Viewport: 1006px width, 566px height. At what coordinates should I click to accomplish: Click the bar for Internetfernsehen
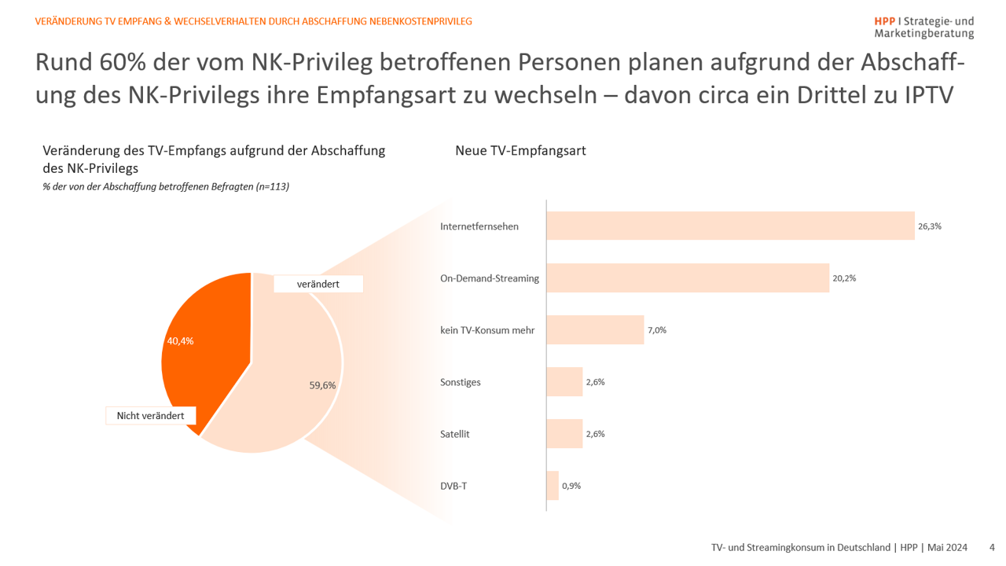[730, 226]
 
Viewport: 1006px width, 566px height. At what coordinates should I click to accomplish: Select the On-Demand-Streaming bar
[688, 277]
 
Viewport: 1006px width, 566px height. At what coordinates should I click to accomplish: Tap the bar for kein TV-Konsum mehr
[595, 330]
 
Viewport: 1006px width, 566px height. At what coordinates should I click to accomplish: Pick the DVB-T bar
[553, 486]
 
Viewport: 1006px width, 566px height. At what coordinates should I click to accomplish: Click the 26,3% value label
[929, 226]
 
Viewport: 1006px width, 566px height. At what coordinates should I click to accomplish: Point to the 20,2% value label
[844, 277]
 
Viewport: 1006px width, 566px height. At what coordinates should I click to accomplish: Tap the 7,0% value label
[657, 330]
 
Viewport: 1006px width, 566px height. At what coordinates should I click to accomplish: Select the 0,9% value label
[571, 486]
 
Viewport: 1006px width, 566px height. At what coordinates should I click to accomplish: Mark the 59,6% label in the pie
[322, 385]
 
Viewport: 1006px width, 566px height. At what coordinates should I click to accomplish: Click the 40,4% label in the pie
[180, 341]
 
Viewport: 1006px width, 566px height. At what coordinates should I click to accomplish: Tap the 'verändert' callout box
[318, 284]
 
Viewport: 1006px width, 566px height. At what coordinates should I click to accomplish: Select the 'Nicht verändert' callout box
[151, 415]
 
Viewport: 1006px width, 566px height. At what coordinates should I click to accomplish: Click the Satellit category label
[455, 434]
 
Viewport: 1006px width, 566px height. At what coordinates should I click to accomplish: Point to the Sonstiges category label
[461, 382]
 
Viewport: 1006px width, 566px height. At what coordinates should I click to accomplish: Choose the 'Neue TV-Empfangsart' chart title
[520, 151]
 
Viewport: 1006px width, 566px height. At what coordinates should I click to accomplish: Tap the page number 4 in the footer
[992, 547]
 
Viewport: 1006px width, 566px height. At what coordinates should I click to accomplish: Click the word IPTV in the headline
[927, 95]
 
